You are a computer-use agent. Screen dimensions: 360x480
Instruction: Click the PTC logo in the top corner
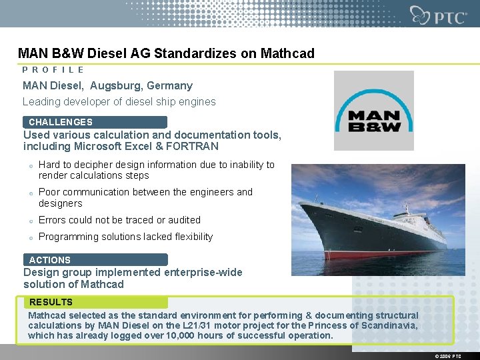[439, 15]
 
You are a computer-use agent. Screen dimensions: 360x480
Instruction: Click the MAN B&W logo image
[373, 111]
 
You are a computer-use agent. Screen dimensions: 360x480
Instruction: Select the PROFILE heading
[53, 69]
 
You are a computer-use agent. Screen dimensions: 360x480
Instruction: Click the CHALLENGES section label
[61, 122]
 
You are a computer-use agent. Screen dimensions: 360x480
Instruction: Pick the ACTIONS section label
[50, 260]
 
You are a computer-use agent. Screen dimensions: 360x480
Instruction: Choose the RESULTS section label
[51, 302]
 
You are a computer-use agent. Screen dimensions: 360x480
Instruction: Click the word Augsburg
[113, 85]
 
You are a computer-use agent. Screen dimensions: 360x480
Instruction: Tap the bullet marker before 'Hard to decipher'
[31, 165]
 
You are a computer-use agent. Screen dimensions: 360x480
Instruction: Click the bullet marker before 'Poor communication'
[31, 193]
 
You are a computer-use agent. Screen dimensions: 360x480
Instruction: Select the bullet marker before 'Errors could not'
[31, 221]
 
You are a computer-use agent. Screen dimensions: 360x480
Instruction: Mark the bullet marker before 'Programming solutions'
[31, 237]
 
